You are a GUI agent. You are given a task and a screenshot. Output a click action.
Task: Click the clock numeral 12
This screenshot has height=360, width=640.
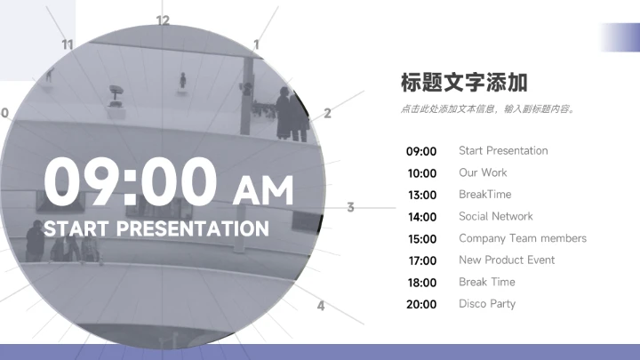162,20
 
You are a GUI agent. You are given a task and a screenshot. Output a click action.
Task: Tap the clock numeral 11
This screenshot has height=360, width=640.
68,44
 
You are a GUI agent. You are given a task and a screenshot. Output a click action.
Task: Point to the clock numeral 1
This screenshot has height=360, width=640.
257,44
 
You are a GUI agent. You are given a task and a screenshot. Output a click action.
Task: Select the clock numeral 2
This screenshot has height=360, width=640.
327,113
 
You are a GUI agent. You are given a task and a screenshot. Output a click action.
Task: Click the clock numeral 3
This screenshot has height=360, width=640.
350,207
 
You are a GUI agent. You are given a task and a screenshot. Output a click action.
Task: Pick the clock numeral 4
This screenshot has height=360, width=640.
321,306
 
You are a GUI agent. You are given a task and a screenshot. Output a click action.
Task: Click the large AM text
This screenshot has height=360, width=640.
262,189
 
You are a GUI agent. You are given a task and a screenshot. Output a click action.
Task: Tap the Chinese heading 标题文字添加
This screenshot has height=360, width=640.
464,83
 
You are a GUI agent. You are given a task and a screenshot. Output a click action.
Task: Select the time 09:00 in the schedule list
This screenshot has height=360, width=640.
421,151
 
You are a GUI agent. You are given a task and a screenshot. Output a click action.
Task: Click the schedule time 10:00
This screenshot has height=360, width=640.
421,173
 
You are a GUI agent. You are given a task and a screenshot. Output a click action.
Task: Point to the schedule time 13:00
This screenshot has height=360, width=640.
421,195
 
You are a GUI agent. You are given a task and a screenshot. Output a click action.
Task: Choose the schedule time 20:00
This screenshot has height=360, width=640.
421,304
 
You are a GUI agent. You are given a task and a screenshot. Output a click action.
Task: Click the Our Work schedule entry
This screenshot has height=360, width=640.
483,172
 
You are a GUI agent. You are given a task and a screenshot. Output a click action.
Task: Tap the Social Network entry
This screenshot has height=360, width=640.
495,216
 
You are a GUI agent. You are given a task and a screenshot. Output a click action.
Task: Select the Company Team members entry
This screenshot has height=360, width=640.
522,238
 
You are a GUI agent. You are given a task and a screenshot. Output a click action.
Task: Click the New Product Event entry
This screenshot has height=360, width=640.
506,260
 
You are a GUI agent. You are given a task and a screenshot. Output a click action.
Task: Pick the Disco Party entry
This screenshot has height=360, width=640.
486,303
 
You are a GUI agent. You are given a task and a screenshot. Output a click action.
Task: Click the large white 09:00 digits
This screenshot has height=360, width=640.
131,181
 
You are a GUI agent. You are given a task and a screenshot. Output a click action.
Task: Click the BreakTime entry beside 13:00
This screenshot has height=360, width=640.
484,194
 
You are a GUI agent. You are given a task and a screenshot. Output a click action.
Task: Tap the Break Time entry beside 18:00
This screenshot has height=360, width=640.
486,282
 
